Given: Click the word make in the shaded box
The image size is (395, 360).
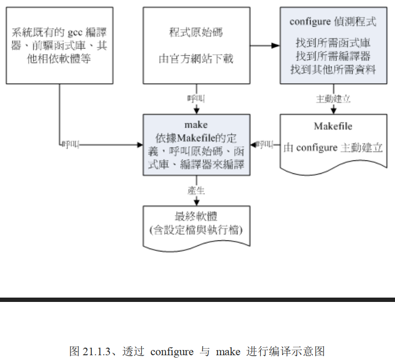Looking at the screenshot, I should tap(196, 125).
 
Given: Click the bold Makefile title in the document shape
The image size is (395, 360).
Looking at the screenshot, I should tap(333, 126).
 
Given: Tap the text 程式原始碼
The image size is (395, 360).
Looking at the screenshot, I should tap(196, 33).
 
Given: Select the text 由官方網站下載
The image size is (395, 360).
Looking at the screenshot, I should tap(196, 59).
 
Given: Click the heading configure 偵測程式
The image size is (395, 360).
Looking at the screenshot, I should tap(333, 21).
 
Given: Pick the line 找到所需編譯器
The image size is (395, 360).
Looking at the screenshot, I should tap(333, 56).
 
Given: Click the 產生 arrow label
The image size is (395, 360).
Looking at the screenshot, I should tap(196, 190).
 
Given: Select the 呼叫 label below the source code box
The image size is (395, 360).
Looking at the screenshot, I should tap(196, 99).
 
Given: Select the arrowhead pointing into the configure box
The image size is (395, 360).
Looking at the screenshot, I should tap(276, 46).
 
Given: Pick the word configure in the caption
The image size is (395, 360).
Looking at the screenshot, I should tap(172, 352).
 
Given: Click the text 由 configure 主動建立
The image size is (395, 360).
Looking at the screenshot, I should tap(333, 148).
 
